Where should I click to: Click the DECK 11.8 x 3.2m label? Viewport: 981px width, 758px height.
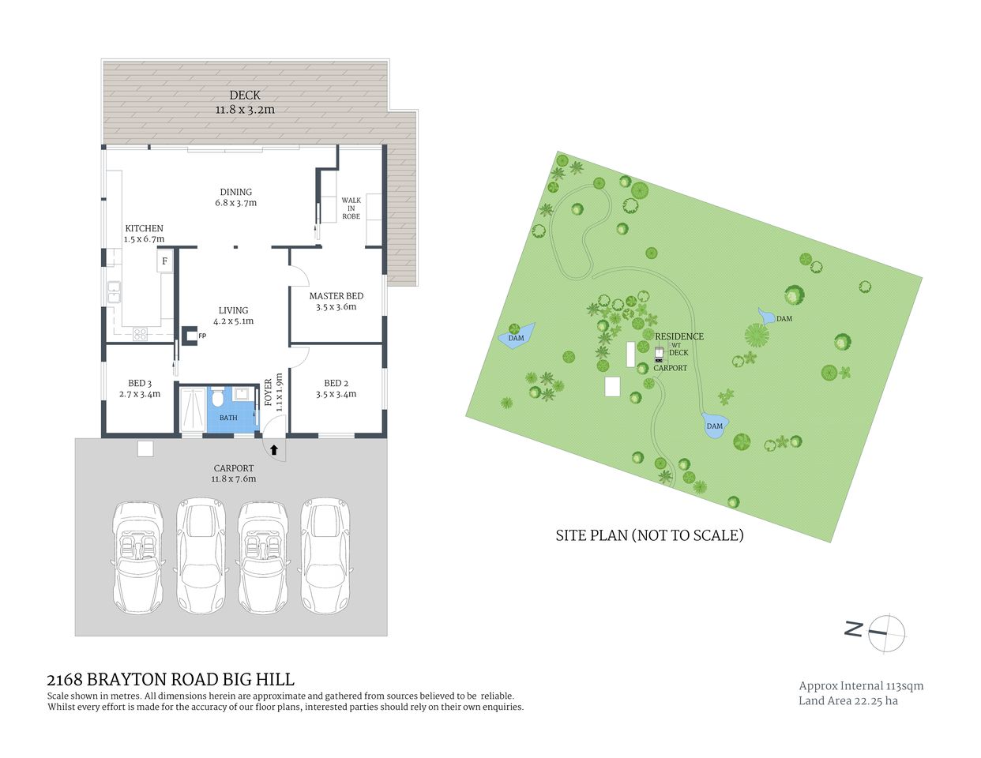(x=245, y=102)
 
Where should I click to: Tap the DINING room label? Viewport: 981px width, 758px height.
(x=236, y=197)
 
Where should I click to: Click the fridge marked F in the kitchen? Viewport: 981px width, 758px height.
(x=165, y=261)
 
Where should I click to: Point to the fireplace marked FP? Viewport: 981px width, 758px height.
(x=190, y=336)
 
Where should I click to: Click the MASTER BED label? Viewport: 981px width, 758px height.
(x=336, y=302)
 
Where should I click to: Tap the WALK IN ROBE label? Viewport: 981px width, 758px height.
(x=351, y=208)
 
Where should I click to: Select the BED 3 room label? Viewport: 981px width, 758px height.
(x=139, y=388)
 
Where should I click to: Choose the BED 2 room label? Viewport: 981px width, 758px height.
(x=336, y=388)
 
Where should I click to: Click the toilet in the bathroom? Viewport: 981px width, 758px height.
(x=218, y=394)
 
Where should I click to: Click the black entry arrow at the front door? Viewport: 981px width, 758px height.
(x=273, y=450)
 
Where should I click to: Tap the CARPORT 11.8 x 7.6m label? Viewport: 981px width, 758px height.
(x=233, y=473)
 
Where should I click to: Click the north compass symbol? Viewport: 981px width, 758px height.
(x=886, y=632)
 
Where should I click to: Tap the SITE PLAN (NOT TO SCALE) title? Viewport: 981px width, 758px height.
(x=649, y=535)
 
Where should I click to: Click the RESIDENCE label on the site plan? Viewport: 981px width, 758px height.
(x=678, y=336)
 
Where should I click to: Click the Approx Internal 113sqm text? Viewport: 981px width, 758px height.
(x=861, y=685)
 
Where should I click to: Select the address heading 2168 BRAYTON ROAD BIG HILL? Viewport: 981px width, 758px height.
(x=171, y=679)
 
